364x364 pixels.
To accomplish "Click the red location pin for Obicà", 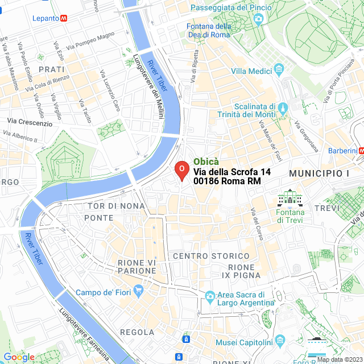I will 181,170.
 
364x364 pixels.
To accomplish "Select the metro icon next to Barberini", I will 361,151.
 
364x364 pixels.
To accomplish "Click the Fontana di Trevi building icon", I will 290,198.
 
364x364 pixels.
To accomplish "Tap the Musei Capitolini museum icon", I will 279,341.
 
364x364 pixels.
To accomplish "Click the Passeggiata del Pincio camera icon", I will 259,19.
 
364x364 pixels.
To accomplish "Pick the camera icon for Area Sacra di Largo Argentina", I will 210,296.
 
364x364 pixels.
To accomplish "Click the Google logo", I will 19,357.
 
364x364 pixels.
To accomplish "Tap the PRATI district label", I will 51,69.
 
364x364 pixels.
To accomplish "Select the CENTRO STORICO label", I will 211,257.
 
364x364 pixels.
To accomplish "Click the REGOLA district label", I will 137,332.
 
